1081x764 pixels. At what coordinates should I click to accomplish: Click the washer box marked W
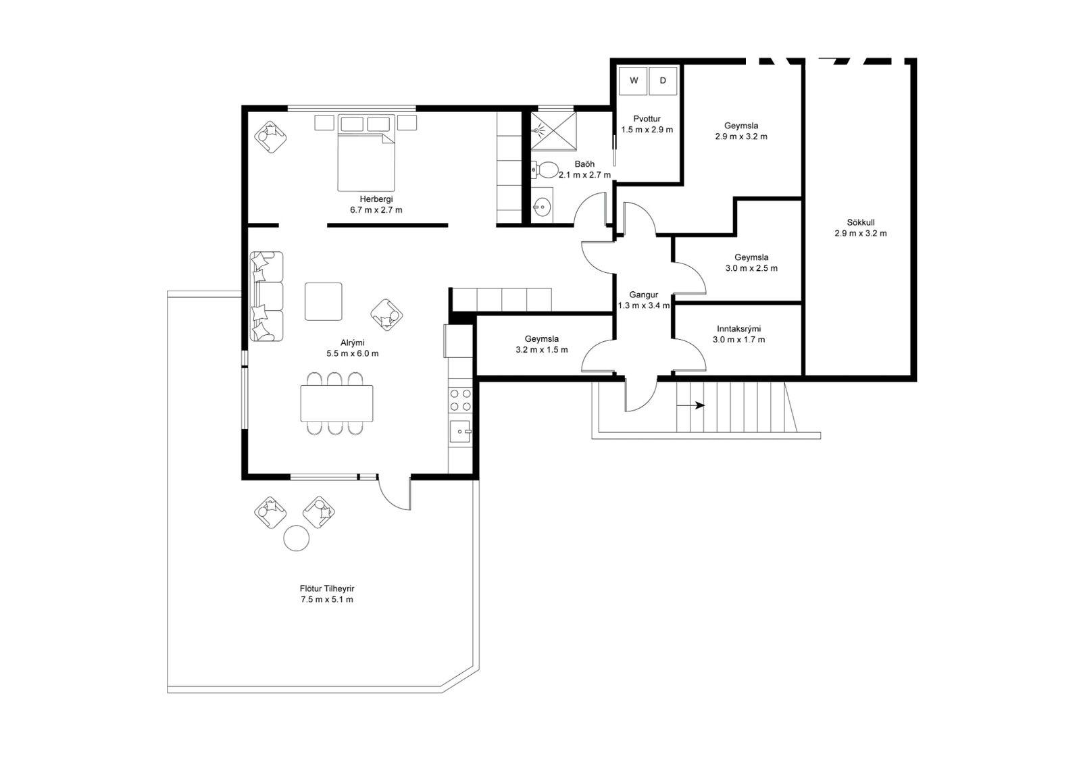pos(633,80)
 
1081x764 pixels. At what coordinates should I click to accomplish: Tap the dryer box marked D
pos(663,80)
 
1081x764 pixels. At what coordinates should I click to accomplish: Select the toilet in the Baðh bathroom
pos(544,170)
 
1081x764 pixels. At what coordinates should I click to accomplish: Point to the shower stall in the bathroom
pos(553,131)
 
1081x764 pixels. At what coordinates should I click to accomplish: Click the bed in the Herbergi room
pos(366,153)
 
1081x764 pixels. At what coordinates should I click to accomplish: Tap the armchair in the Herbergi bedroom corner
pos(270,137)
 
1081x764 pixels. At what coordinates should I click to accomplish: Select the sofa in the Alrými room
pos(266,297)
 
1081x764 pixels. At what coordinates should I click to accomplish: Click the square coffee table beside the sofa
pos(324,302)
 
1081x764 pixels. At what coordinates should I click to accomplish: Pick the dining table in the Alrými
pos(336,403)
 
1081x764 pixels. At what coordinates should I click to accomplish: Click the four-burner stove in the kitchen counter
pos(460,400)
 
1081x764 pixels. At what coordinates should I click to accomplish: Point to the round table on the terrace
pos(297,538)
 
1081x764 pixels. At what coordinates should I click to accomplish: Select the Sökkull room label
pos(861,222)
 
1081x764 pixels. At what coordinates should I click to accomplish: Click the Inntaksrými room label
pos(739,329)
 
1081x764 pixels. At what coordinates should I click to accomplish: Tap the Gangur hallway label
pos(644,295)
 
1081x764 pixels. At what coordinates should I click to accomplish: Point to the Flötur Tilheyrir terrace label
pos(327,589)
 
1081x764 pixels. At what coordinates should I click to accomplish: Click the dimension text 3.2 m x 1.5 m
pos(541,350)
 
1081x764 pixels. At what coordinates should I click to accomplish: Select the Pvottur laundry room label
pos(647,119)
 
